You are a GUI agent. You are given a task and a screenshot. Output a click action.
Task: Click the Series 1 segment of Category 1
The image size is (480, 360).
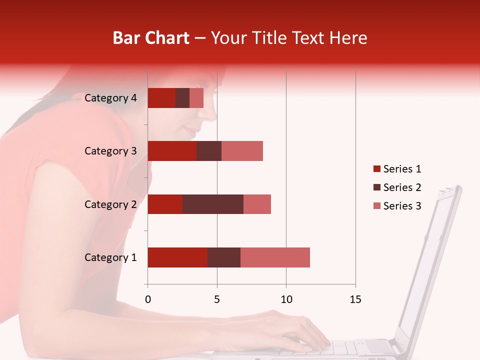177,257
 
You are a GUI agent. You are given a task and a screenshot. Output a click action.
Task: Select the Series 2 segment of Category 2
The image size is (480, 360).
213,204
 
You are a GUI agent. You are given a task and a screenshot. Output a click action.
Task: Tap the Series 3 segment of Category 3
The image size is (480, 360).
242,151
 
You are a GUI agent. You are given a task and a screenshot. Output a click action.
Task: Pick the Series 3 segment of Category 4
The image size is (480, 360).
196,98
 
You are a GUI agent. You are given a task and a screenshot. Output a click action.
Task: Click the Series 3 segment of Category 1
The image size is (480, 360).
275,257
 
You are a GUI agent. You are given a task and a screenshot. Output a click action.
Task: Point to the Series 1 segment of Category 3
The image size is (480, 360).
172,151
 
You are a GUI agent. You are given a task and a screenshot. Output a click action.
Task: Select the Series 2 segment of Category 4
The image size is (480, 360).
182,98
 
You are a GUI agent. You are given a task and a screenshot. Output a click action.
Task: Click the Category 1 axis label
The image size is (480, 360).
110,257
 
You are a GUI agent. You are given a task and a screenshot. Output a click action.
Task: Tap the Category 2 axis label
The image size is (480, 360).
110,204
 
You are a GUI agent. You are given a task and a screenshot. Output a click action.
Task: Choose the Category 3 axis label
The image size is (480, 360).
110,151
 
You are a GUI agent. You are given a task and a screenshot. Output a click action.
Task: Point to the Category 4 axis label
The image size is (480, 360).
110,98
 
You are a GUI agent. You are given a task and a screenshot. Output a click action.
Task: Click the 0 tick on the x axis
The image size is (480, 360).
147,299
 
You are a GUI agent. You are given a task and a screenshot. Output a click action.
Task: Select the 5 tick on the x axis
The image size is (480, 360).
217,299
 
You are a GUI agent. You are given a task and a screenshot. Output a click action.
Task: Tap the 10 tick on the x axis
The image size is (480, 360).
286,299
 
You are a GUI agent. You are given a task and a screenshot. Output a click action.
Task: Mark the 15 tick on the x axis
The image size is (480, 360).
355,299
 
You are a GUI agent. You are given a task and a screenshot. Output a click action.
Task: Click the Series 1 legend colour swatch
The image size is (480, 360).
376,169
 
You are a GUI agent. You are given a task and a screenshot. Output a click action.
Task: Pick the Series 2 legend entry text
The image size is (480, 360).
402,187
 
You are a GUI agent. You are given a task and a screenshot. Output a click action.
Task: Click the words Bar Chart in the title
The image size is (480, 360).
151,38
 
